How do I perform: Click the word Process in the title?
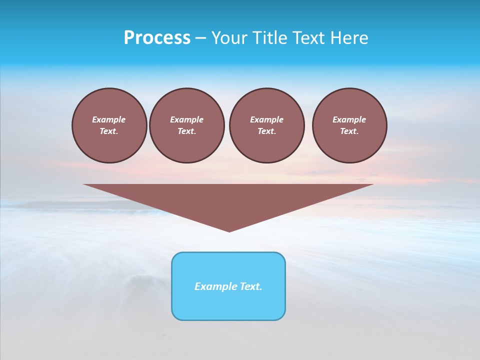157,38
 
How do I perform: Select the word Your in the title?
228,38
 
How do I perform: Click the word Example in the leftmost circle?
109,119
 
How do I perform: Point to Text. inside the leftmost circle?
109,131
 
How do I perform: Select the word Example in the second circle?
186,119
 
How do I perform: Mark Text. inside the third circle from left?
266,131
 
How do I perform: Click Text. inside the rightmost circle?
349,131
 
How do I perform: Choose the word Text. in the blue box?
251,286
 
